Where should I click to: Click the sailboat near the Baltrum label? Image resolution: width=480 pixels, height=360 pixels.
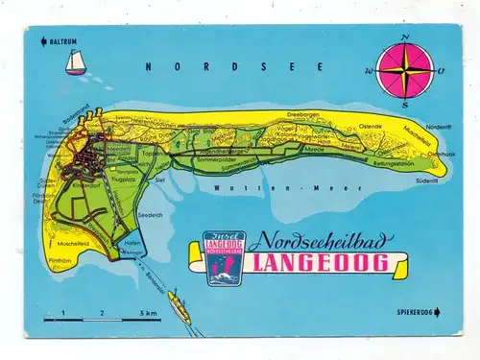[74, 63]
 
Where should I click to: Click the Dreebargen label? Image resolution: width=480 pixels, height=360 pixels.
[314, 114]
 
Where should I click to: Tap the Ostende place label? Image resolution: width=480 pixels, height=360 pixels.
[370, 126]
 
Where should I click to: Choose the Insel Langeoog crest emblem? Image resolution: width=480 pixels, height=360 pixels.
[224, 257]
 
